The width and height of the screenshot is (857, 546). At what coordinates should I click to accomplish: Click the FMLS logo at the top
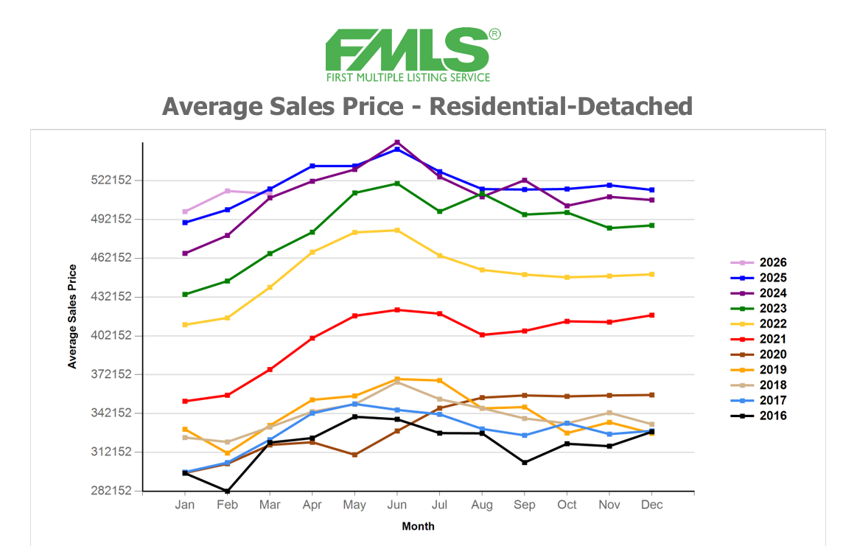(x=413, y=55)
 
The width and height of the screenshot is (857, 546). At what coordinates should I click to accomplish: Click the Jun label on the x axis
(x=397, y=505)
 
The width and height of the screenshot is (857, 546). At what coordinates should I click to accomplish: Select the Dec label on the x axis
(x=652, y=505)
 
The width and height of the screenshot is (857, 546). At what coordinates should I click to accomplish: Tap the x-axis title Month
(x=418, y=526)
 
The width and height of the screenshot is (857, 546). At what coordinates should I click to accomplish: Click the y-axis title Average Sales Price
(x=72, y=316)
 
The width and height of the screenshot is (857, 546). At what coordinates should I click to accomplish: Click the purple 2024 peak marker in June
(x=397, y=142)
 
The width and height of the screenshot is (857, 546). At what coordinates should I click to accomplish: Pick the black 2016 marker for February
(x=228, y=491)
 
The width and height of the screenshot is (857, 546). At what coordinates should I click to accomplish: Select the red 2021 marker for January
(x=185, y=402)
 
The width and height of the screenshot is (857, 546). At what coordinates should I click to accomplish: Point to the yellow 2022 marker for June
(x=397, y=231)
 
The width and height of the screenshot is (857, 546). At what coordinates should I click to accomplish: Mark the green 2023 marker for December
(x=652, y=225)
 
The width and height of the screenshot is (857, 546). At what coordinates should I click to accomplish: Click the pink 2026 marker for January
(x=185, y=211)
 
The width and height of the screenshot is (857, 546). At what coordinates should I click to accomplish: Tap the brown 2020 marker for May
(x=354, y=455)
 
